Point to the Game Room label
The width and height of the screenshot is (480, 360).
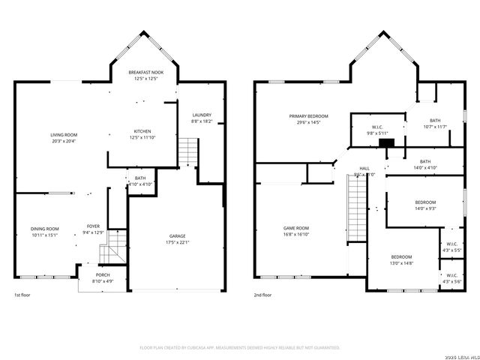click(x=295, y=230)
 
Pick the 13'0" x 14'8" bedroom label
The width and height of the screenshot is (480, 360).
click(x=400, y=259)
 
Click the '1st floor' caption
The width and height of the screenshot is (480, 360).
click(x=22, y=295)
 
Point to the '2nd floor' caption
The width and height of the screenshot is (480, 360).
click(x=262, y=295)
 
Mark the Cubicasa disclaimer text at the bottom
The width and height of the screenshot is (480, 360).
click(x=240, y=348)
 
